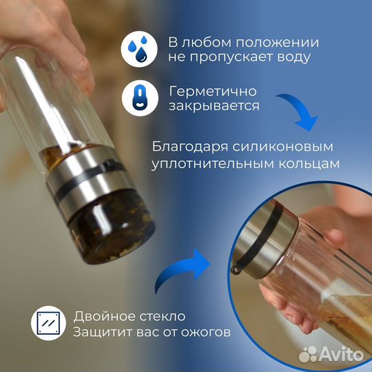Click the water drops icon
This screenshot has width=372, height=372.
tap(139, 49)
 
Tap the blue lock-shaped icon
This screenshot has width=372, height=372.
tap(140, 98)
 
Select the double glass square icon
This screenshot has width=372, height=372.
tap(49, 323)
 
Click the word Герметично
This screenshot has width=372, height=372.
tap(213, 91)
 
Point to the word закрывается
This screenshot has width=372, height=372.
tap(214, 106)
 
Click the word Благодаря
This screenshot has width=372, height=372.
tap(190, 147)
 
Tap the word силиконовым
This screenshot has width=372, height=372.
tap(283, 147)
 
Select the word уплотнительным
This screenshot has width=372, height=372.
tap(212, 164)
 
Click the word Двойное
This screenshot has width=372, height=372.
tap(104, 316)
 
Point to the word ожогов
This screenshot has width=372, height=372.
tap(206, 332)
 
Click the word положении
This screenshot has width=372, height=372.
tap(278, 43)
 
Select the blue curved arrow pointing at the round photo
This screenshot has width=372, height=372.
tap(180, 269)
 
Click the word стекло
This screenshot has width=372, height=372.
tap(163, 316)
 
